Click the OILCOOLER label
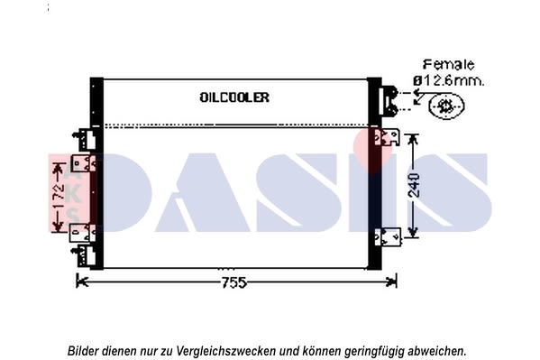tap(234, 97)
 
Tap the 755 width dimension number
tap(233, 282)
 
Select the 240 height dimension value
tap(414, 185)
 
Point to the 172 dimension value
tap(59, 196)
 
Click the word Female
tap(448, 64)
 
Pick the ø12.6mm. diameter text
tap(448, 81)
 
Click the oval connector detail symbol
tap(446, 106)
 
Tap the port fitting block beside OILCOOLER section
tap(389, 101)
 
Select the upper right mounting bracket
tap(387, 137)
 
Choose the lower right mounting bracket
tap(388, 237)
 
